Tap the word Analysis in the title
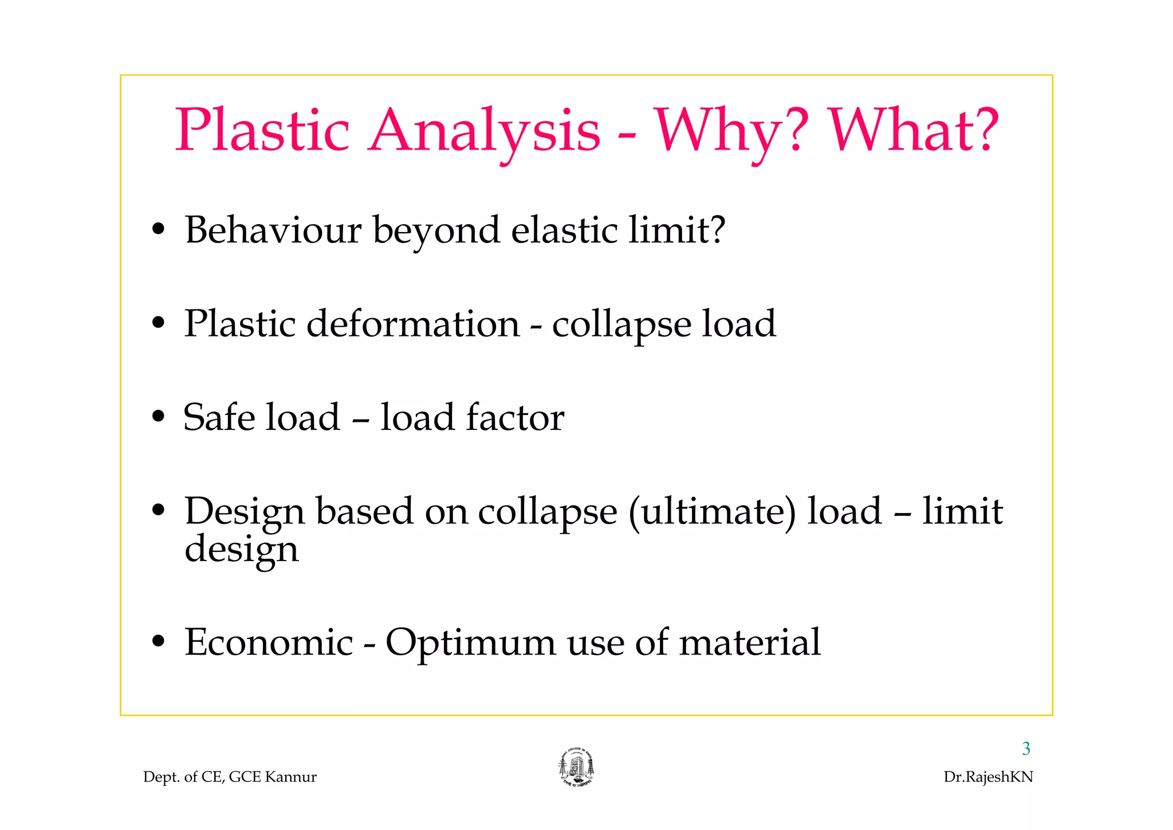click(484, 131)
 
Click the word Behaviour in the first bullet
click(273, 230)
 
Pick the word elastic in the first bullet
click(564, 230)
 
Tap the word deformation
click(413, 324)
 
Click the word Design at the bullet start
click(244, 512)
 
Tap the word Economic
click(269, 642)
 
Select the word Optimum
click(470, 643)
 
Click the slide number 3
click(1026, 749)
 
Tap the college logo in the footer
click(576, 768)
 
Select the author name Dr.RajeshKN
click(988, 777)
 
